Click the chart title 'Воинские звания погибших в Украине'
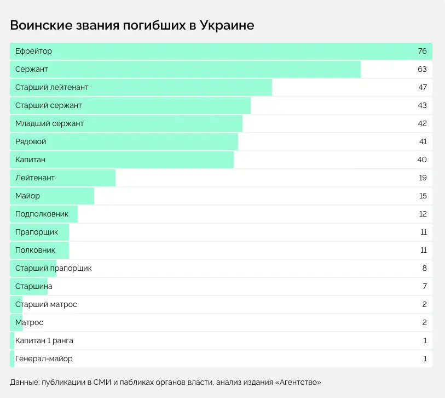(x=132, y=25)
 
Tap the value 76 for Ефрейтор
(x=422, y=52)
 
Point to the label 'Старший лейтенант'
(x=52, y=88)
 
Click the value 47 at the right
(x=422, y=88)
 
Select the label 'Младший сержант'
(x=49, y=124)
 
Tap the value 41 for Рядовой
(x=422, y=141)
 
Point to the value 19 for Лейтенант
(x=423, y=178)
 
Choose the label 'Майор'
(x=27, y=196)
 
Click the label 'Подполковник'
(x=42, y=214)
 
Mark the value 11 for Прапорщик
(x=423, y=232)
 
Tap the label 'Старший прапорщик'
(x=53, y=268)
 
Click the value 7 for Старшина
(x=424, y=286)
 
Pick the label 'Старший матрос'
(x=46, y=304)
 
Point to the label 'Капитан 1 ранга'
(x=44, y=340)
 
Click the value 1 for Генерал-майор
(x=425, y=359)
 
